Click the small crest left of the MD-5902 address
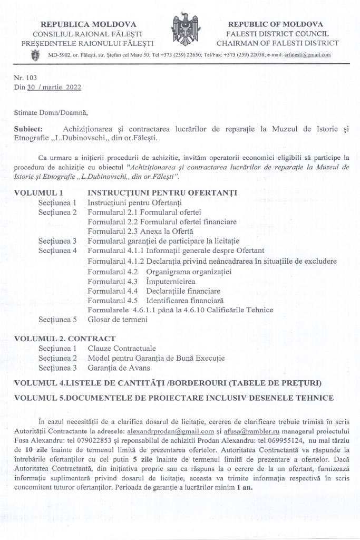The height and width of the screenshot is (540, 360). click(35, 55)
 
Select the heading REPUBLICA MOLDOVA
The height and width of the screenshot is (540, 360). click(89, 24)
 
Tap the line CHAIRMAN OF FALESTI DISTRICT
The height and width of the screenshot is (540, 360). click(278, 43)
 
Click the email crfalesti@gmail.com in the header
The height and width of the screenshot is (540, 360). click(307, 55)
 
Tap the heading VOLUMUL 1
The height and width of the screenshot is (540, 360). click(38, 192)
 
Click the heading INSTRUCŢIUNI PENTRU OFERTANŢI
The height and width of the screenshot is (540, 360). click(162, 192)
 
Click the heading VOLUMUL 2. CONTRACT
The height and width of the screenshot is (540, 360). click(64, 338)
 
